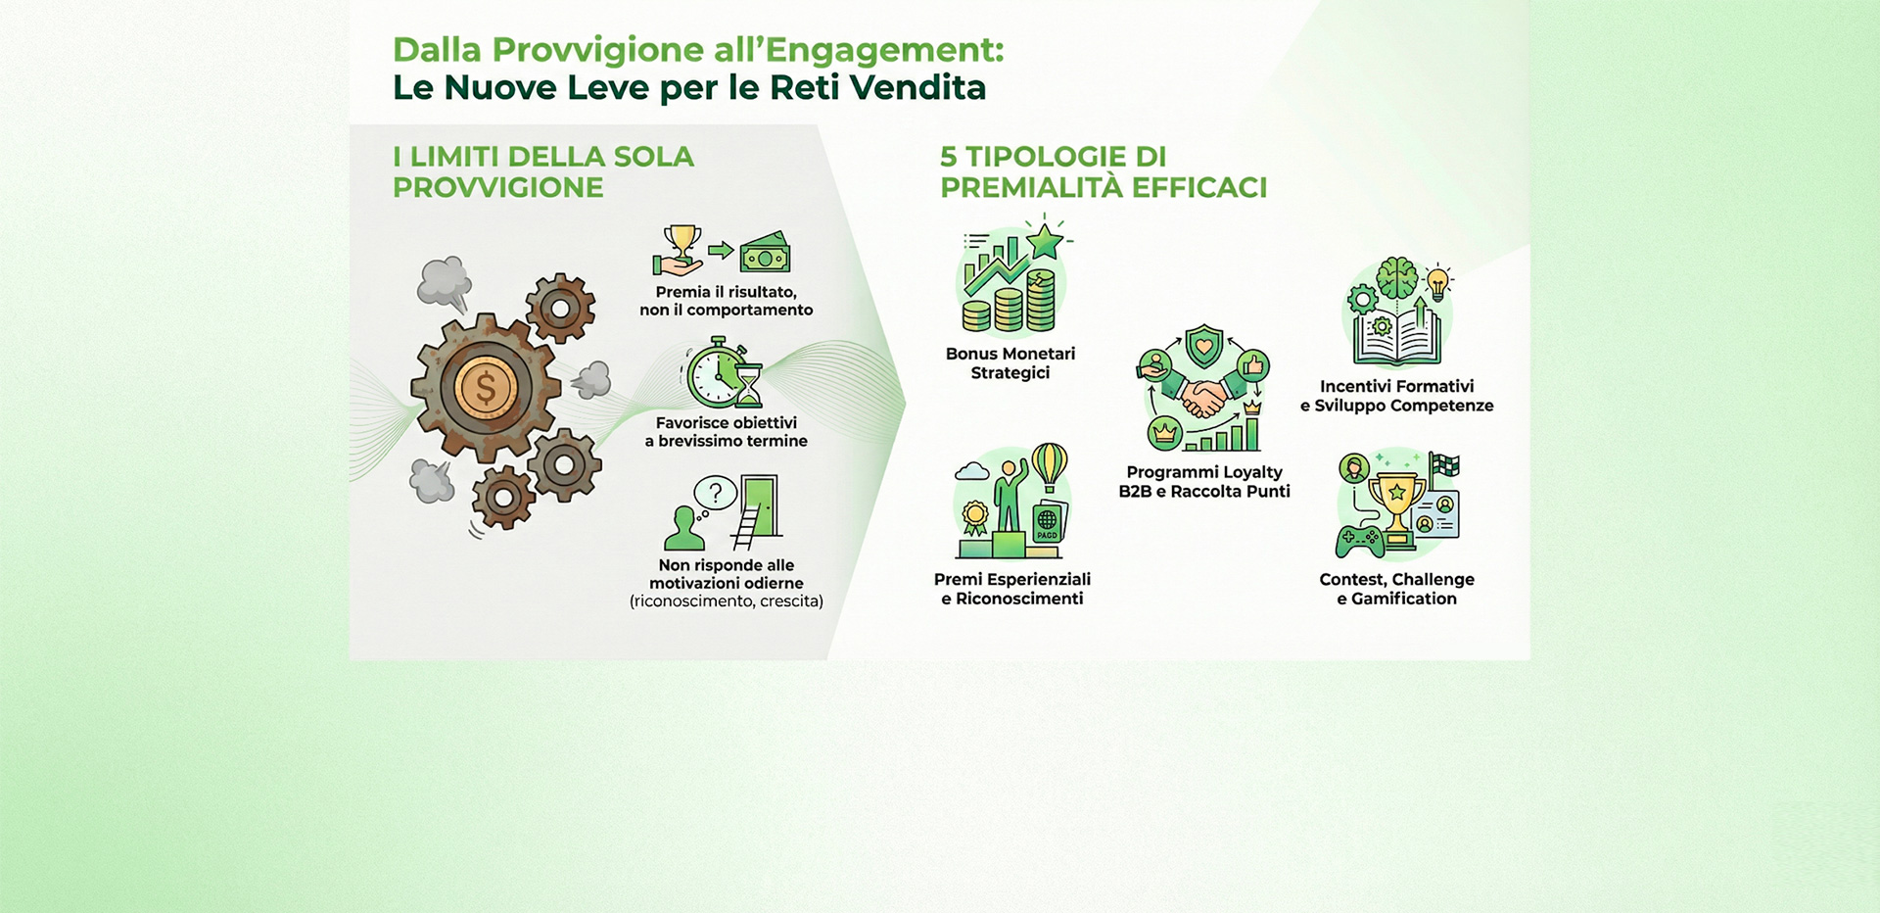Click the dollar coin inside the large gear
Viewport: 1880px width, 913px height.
[486, 388]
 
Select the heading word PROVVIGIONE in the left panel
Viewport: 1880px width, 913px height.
[497, 187]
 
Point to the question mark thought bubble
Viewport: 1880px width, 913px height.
[716, 493]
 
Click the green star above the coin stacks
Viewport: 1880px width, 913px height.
[1045, 240]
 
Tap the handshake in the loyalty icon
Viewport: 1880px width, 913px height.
[1203, 397]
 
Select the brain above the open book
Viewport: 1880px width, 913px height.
[1396, 278]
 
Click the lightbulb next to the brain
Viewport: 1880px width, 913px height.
[1437, 283]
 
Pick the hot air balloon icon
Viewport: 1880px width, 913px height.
[1049, 465]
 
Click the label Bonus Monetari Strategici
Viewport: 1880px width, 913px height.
[1010, 363]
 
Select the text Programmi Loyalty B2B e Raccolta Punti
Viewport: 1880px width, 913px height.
[1204, 482]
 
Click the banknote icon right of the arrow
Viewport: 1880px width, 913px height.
[765, 253]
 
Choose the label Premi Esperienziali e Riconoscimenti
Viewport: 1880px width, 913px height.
[1012, 589]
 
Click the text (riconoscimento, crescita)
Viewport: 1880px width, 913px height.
[727, 601]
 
